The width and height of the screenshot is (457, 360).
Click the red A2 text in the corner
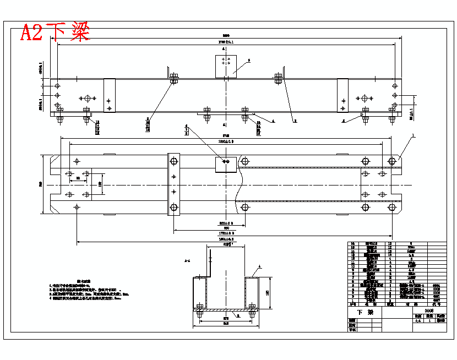[31, 32]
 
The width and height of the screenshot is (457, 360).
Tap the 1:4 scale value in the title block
[418, 321]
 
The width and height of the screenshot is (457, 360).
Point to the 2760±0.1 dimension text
[226, 42]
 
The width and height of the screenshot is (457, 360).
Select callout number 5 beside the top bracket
[249, 60]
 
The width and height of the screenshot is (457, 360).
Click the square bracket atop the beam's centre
[225, 66]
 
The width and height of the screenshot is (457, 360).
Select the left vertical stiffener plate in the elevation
[110, 95]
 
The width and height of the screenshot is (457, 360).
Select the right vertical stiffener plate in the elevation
[342, 95]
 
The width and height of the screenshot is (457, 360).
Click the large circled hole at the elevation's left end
[87, 98]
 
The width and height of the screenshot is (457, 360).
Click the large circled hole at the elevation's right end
[363, 98]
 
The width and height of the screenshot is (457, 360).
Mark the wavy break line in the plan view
[240, 184]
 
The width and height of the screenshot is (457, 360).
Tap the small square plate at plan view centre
[225, 163]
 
